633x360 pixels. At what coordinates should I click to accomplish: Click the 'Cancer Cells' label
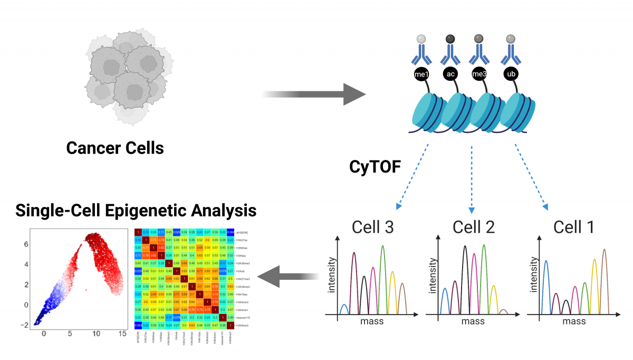[115, 148]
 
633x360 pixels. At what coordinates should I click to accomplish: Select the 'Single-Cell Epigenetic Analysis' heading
[136, 211]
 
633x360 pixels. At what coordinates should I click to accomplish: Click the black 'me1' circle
[420, 74]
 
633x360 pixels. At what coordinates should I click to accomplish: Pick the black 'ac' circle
[450, 74]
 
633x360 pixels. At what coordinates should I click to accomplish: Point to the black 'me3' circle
[479, 74]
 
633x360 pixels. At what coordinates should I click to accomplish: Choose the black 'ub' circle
[510, 74]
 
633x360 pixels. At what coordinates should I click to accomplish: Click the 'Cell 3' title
[372, 227]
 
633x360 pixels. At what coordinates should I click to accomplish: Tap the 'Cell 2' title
[474, 227]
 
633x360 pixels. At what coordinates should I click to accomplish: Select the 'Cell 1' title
[574, 227]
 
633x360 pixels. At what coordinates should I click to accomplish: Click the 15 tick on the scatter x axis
[122, 334]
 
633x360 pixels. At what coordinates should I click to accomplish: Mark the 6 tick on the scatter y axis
[25, 244]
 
